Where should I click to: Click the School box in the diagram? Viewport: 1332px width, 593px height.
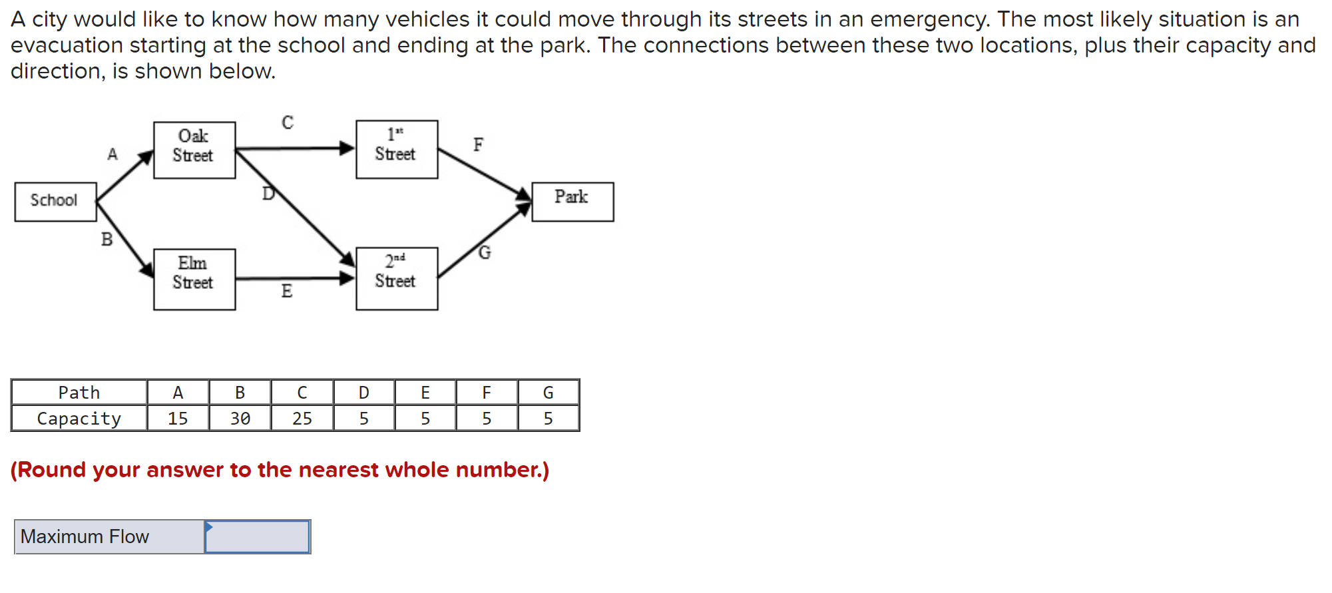point(55,202)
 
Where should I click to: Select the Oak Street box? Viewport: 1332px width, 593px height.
point(194,150)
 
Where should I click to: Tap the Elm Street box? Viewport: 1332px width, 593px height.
point(194,279)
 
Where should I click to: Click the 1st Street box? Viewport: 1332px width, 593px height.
point(397,149)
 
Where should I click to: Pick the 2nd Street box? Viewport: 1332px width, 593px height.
point(397,278)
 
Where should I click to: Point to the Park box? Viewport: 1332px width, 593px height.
point(572,202)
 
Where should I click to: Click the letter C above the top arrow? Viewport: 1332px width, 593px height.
point(288,122)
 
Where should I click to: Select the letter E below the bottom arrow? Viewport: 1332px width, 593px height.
point(287,292)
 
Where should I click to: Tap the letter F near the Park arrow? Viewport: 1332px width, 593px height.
point(479,144)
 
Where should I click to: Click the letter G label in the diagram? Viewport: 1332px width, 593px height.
point(485,253)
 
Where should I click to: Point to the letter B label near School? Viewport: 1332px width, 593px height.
point(107,240)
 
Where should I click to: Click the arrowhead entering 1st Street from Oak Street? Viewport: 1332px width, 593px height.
point(347,148)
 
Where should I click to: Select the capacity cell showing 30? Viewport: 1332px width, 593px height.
point(240,419)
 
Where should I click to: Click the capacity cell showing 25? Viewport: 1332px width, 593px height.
point(302,419)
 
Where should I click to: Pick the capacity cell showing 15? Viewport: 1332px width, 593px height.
point(178,419)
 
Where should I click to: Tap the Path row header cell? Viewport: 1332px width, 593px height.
point(79,393)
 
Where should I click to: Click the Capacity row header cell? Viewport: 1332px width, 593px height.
point(79,419)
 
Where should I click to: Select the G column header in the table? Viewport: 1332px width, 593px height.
point(549,393)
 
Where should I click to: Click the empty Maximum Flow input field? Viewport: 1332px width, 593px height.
point(258,537)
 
